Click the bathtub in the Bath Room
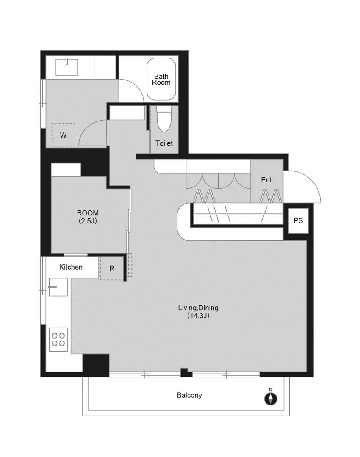pos(161,79)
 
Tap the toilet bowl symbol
pos(164,119)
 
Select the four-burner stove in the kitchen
pos(58,339)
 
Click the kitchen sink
pos(58,287)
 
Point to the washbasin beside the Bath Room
pos(67,67)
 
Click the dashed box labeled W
pos(63,135)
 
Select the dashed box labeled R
pos(112,268)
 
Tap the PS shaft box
pos(298,220)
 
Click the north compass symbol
pos(271,399)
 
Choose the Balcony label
pos(189,395)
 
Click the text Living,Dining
pos(198,308)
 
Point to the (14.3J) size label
pos(198,316)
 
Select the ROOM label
pos(88,213)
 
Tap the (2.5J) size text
pos(88,221)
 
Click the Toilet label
pos(164,143)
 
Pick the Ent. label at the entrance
pos(267,180)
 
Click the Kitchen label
pos(71,267)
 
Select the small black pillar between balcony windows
pos(186,372)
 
